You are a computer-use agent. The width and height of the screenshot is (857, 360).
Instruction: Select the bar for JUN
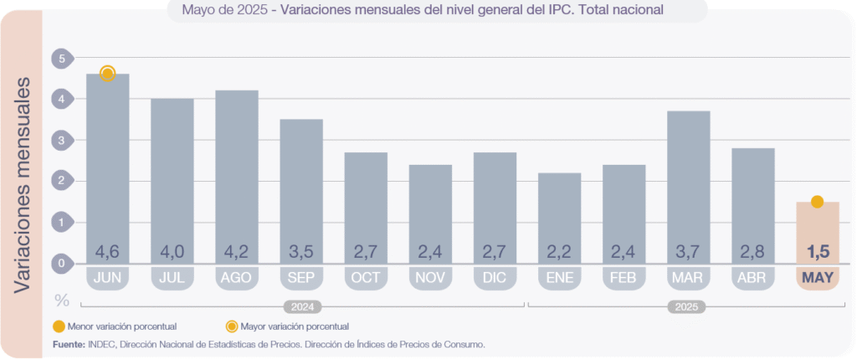coord(108,167)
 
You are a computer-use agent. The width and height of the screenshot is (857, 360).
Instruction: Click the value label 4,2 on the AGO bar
coord(237,251)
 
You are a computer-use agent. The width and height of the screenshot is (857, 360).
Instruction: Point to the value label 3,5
coord(301,251)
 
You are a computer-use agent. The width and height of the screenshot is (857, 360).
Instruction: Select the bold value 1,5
coord(817,251)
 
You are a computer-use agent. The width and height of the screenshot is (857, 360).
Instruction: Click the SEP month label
coord(301,277)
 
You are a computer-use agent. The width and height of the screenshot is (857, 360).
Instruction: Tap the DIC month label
coord(495,277)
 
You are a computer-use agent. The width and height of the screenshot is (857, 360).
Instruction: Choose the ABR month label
coord(752,277)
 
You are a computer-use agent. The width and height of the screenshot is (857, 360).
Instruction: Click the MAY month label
coord(817,277)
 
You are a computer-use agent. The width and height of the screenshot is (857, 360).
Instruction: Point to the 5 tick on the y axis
coord(60,59)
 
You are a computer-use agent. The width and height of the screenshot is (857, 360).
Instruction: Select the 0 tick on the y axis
coord(60,264)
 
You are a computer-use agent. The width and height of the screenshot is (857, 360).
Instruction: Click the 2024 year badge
coord(303,307)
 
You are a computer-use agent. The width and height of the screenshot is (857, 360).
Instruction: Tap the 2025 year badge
coord(687,307)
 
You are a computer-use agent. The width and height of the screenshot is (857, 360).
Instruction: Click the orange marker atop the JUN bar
coord(107,74)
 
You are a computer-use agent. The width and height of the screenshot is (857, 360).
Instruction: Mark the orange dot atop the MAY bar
coord(817,201)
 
